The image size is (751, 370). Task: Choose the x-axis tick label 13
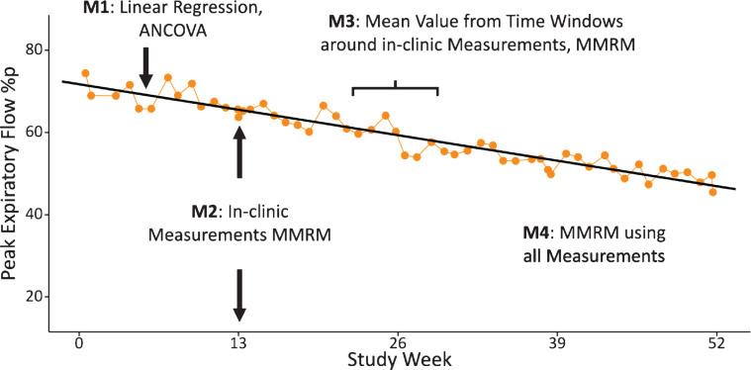[238, 343]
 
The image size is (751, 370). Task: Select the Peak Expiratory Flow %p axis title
[14, 175]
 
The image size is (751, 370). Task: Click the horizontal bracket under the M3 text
[395, 89]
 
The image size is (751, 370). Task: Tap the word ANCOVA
[146, 32]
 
